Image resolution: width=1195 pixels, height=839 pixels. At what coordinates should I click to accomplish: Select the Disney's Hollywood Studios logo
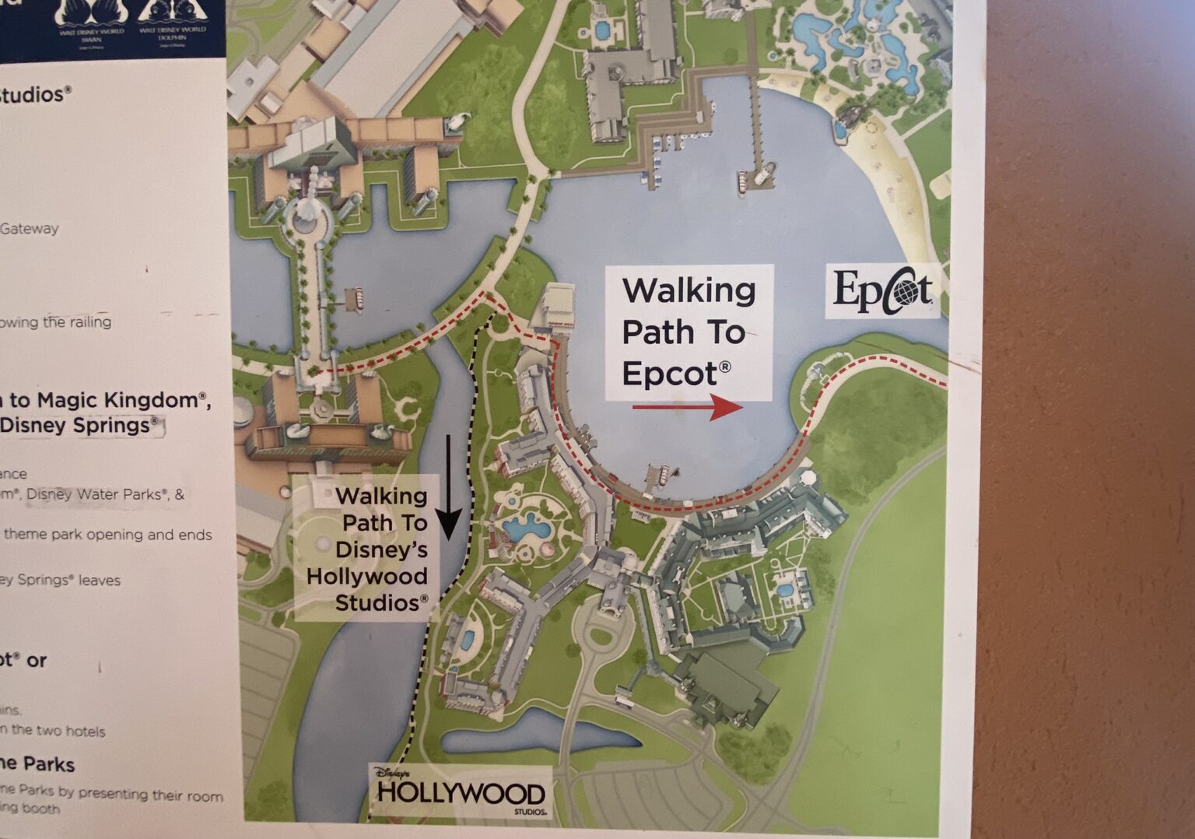(x=461, y=792)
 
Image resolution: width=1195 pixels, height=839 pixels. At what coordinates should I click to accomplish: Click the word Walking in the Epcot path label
(x=689, y=291)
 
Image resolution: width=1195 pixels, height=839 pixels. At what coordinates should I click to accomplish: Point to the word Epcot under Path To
(x=669, y=374)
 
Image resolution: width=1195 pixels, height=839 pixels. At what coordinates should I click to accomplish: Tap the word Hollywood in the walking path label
(x=366, y=577)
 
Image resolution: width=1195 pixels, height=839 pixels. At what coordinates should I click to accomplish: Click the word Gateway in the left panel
(x=30, y=229)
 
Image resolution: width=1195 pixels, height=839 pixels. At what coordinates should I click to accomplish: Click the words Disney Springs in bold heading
(x=75, y=426)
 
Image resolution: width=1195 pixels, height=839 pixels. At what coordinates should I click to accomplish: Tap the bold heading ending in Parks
(x=37, y=764)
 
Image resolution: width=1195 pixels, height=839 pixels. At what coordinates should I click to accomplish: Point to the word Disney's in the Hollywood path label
(x=381, y=549)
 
